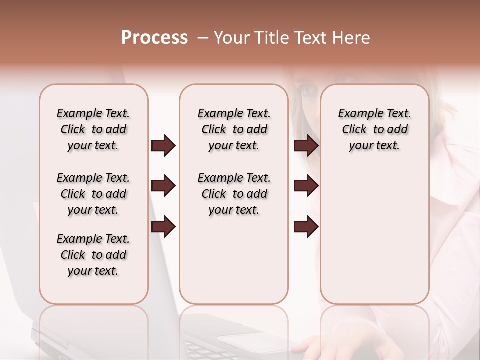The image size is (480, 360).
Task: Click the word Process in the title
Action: [154, 38]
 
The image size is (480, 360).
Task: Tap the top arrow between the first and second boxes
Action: [163, 146]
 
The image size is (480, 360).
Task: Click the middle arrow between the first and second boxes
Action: [163, 186]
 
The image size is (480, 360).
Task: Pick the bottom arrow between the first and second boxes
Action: [163, 227]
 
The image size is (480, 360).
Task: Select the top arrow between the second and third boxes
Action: [306, 146]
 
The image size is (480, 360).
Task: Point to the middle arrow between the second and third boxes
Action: [306, 186]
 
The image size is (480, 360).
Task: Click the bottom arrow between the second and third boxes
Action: [306, 227]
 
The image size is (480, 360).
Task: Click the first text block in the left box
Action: [93, 129]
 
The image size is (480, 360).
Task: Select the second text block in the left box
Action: [93, 194]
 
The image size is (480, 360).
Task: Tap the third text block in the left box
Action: [93, 255]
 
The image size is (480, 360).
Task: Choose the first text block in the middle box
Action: [234, 129]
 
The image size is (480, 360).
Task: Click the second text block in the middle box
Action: [234, 194]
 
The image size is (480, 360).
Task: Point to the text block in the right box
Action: [374, 129]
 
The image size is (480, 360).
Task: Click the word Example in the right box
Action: [356, 114]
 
